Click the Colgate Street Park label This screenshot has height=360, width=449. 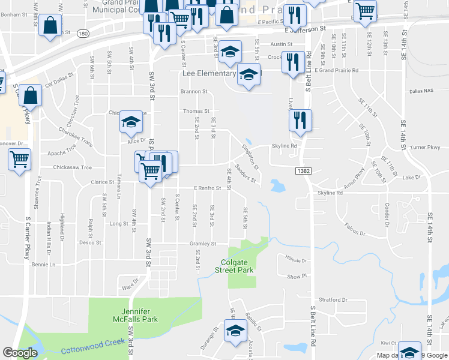coord(234,266)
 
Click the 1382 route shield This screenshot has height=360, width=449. coord(303,171)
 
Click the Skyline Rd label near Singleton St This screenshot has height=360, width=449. coord(285,146)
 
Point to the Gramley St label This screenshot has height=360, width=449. coord(203,244)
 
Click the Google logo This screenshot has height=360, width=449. coord(20,353)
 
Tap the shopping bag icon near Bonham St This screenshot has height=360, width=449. coord(50,26)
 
